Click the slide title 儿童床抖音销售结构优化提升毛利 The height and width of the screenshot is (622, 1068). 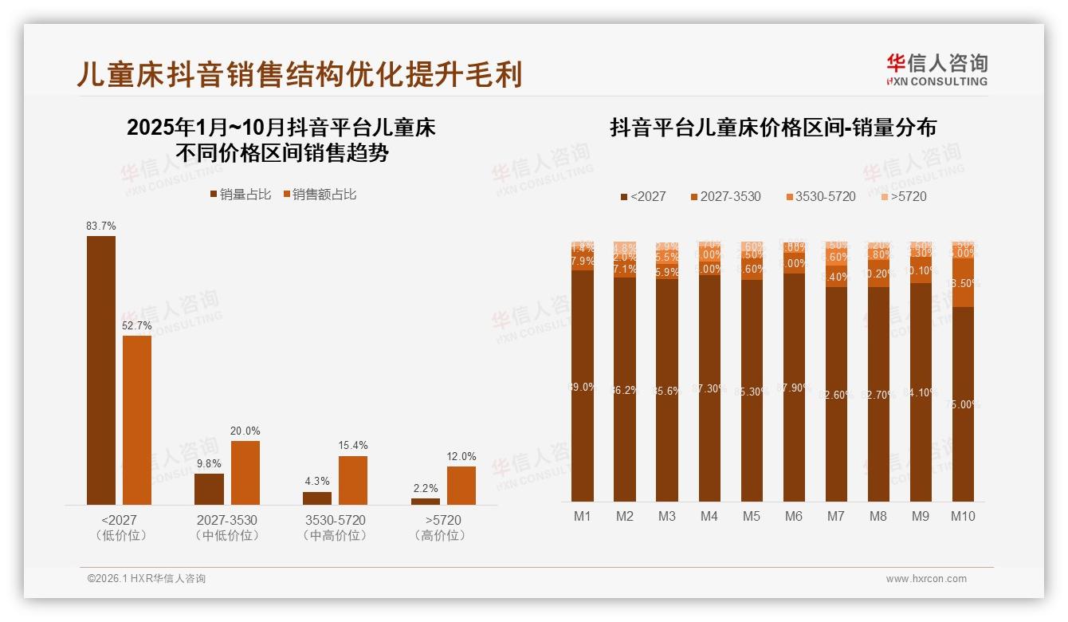[299, 74]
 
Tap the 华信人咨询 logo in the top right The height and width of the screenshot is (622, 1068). [936, 69]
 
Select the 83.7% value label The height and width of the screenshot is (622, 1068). [101, 226]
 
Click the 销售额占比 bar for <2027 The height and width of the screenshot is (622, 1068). [137, 419]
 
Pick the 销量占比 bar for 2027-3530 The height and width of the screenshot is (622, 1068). [209, 489]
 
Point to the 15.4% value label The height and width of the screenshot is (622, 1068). [353, 446]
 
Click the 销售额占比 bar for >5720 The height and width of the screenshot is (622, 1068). [461, 485]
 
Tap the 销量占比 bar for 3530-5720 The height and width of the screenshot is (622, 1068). [317, 498]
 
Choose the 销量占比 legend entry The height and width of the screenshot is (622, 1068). [241, 194]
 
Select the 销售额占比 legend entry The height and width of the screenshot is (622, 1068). [320, 194]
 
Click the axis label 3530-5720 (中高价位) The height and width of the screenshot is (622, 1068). [336, 527]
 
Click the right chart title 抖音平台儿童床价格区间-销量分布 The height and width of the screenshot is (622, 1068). [773, 128]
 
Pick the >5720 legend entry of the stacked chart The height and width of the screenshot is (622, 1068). [903, 196]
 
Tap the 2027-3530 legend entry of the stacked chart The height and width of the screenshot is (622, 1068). [725, 196]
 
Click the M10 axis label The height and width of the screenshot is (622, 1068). [963, 516]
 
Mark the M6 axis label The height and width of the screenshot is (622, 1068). [793, 516]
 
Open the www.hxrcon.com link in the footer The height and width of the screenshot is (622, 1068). [926, 579]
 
